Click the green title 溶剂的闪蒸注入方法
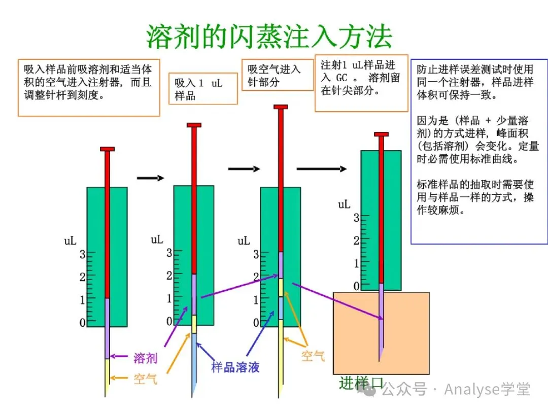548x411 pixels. point(269,36)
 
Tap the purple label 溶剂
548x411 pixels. point(145,358)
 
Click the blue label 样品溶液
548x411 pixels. point(235,367)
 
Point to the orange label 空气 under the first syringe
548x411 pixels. point(145,379)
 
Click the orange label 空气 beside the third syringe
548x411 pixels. point(313,356)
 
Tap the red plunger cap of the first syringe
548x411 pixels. point(107,149)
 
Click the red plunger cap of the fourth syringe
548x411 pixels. point(381,134)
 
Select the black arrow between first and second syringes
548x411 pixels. point(151,178)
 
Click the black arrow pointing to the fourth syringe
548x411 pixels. point(322,169)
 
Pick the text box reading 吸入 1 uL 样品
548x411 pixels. point(203,89)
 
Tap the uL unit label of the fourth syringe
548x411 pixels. point(345,204)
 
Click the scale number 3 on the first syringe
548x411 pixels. point(83,254)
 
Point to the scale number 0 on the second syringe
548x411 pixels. point(169,321)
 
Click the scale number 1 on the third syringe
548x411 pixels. point(256,300)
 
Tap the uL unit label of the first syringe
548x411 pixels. point(70,241)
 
